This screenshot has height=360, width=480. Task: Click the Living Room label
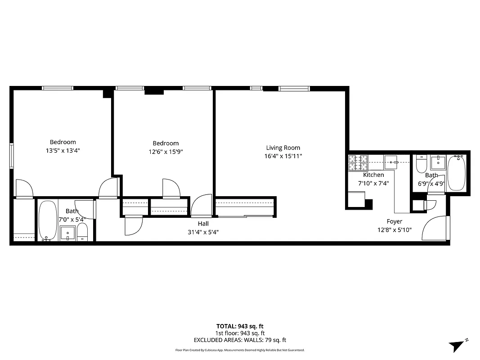coord(283,148)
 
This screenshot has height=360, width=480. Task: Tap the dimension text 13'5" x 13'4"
coord(63,151)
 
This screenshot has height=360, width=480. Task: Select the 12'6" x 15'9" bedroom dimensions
coord(166,152)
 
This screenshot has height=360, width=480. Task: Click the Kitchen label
coord(373,175)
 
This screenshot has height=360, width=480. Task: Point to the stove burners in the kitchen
coord(358,159)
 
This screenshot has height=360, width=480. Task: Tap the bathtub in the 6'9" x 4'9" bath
coord(458,173)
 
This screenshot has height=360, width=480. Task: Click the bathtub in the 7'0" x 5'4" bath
coord(47,220)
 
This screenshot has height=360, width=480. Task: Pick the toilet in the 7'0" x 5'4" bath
coord(82,231)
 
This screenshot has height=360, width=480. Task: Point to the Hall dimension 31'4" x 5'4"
coord(203,232)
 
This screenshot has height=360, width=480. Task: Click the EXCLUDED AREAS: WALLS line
coord(240,340)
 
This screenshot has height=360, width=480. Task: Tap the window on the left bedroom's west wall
coord(12,156)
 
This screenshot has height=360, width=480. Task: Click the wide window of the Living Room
coord(294,88)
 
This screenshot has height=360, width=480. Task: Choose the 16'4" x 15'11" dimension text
coord(283,156)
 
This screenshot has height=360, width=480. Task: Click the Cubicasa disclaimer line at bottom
coord(240,350)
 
